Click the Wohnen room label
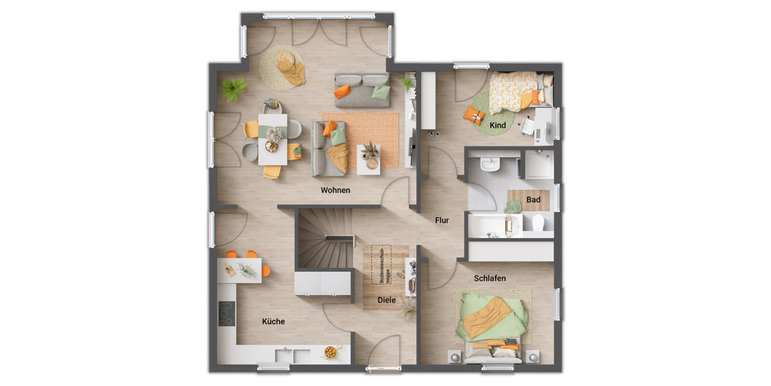tap(335, 190)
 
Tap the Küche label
tap(273, 321)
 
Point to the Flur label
tap(441, 220)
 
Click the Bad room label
tap(533, 200)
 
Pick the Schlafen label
tap(490, 279)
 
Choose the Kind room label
tap(497, 125)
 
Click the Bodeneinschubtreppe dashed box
tap(382, 265)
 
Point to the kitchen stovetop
tap(226, 313)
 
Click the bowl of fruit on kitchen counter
tap(331, 352)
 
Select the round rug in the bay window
tap(283, 67)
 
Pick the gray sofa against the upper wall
tap(362, 91)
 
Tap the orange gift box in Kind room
tap(475, 115)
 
